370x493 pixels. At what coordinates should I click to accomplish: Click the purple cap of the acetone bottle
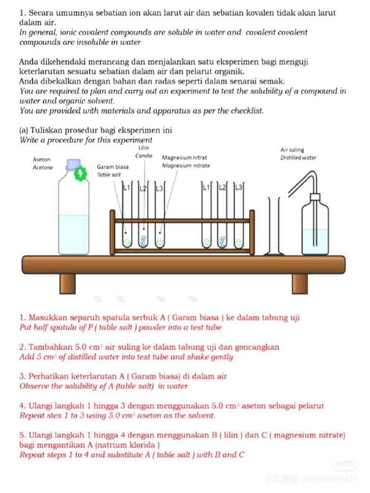pyautogui.click(x=73, y=165)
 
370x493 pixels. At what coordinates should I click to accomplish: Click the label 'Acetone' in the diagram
pyautogui.click(x=42, y=167)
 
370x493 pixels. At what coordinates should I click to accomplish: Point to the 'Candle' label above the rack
pyautogui.click(x=144, y=156)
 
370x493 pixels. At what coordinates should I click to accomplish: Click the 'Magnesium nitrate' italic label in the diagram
pyautogui.click(x=186, y=166)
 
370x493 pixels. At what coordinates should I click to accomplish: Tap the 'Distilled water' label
pyautogui.click(x=298, y=157)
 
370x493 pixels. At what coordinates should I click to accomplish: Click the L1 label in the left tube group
pyautogui.click(x=127, y=186)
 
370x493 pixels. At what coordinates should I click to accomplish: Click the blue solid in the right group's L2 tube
pyautogui.click(x=223, y=241)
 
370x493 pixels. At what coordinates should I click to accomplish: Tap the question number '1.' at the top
pyautogui.click(x=23, y=13)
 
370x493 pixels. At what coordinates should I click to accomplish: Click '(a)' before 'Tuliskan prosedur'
pyautogui.click(x=24, y=130)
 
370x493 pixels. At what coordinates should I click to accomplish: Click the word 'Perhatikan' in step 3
pyautogui.click(x=48, y=376)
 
